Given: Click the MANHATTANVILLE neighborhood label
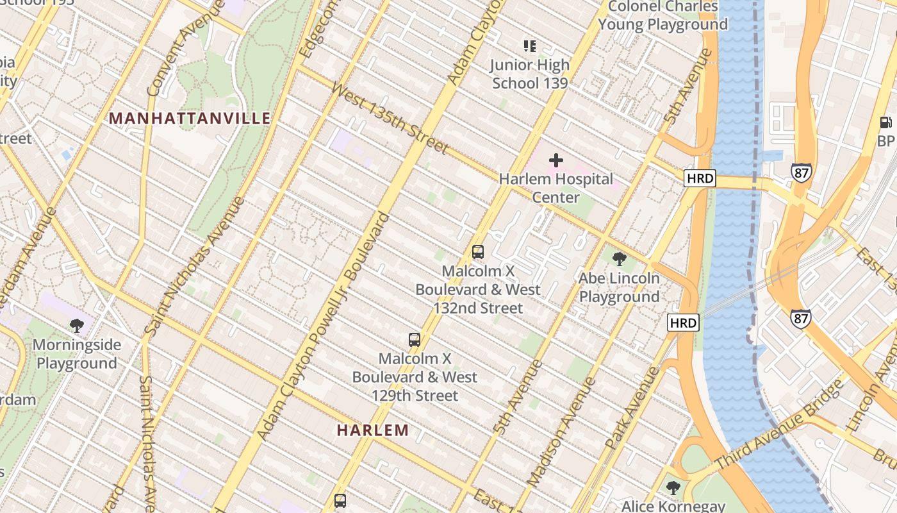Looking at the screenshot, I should [190, 119].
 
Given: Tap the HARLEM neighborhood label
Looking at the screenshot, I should [373, 430].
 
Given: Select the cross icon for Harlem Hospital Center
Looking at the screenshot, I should [556, 160].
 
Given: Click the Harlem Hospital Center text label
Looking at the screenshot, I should [556, 188].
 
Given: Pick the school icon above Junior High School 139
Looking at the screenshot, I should [529, 46].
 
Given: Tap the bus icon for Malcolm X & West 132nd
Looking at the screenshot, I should [478, 252].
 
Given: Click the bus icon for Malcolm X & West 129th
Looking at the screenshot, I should [415, 340].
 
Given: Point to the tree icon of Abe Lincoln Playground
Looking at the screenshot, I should [619, 259].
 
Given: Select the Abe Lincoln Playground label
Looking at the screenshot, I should [619, 287].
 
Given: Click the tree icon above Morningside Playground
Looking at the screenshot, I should [77, 326].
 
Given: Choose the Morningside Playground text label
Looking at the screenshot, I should [77, 354].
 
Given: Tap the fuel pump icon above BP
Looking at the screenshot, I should [886, 122].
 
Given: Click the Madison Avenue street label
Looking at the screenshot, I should [561, 431].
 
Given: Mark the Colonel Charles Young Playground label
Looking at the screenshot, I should [663, 15].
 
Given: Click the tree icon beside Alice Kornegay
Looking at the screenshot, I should [673, 487].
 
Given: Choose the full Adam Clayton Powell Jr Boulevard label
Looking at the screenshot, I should [324, 327].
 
